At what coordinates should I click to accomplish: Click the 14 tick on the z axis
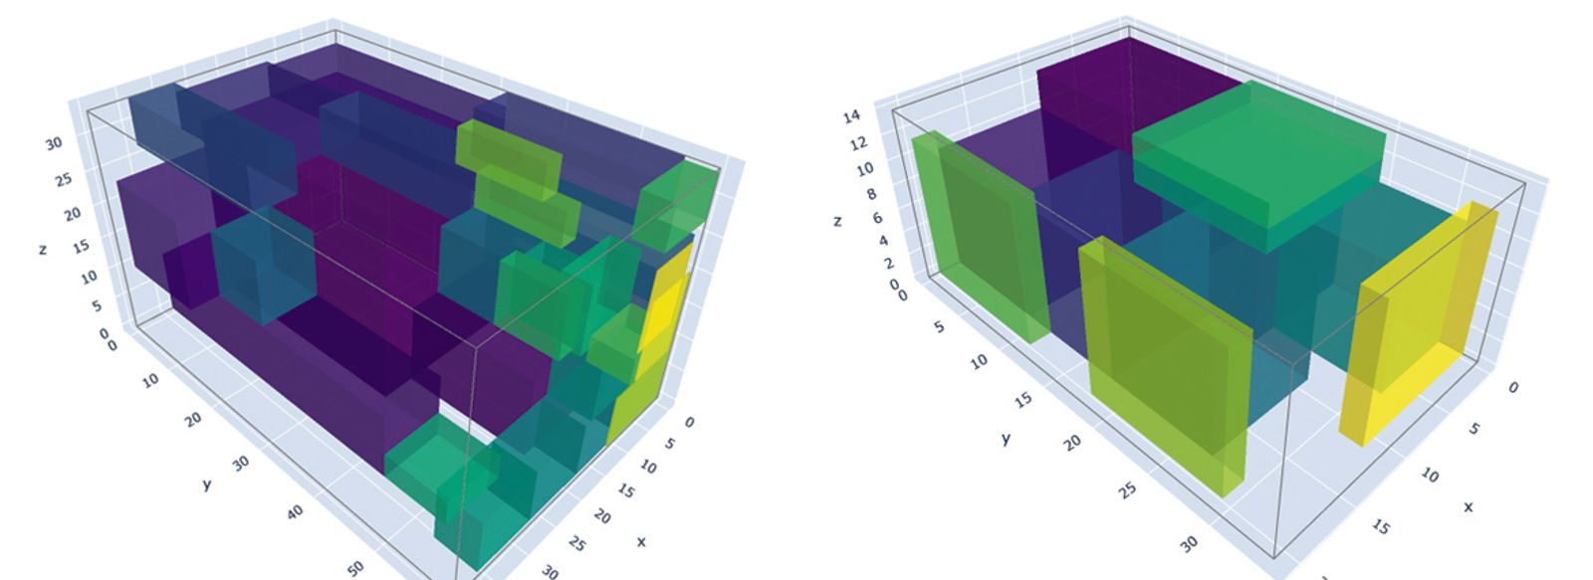click(x=852, y=115)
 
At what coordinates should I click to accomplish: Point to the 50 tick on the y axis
click(x=355, y=568)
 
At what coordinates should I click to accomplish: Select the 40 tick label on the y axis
click(x=296, y=511)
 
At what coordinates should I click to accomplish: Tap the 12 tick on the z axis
click(x=858, y=143)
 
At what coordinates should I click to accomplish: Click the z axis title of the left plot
click(x=44, y=249)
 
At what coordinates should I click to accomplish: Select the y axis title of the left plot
click(x=207, y=484)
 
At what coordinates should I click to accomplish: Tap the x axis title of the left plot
click(x=641, y=541)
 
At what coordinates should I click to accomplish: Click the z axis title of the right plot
click(x=837, y=222)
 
